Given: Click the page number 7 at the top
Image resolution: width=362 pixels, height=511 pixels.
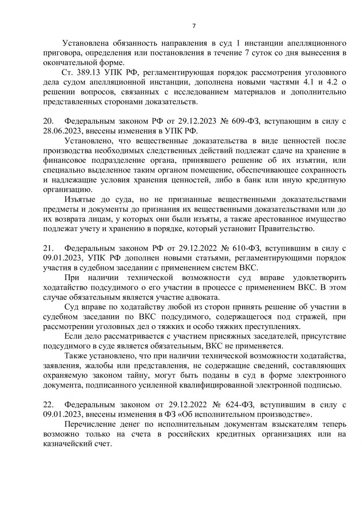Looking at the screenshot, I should click(193, 26).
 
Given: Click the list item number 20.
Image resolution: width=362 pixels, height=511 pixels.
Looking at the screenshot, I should click(48, 121).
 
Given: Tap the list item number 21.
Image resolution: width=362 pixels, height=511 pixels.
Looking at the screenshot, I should click(48, 247).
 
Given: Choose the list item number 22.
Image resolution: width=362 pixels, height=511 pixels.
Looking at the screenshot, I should click(48, 403).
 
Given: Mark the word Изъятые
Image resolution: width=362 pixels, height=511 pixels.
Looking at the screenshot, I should click(79, 199).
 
